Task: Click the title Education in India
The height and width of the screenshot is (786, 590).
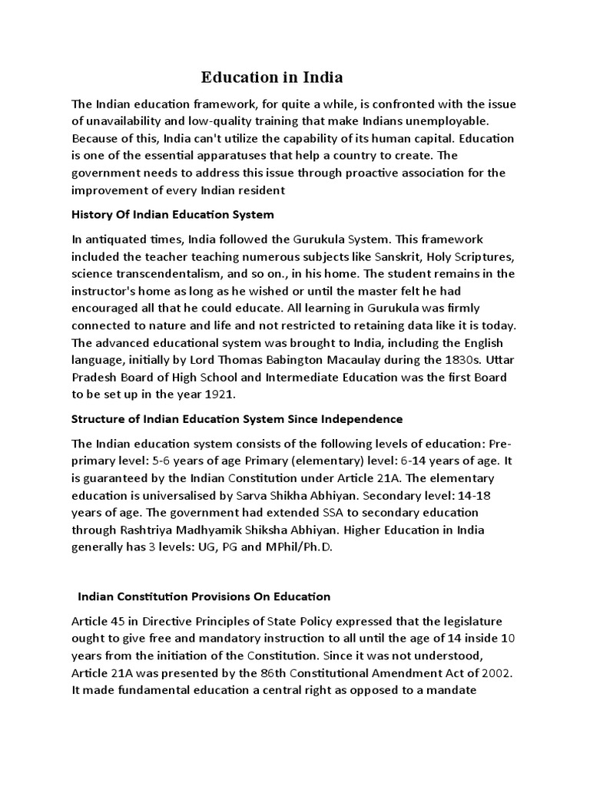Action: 272,78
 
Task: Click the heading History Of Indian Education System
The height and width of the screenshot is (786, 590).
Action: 172,214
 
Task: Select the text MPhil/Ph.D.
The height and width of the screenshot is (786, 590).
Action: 312,547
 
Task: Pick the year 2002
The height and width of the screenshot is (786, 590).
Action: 499,672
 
